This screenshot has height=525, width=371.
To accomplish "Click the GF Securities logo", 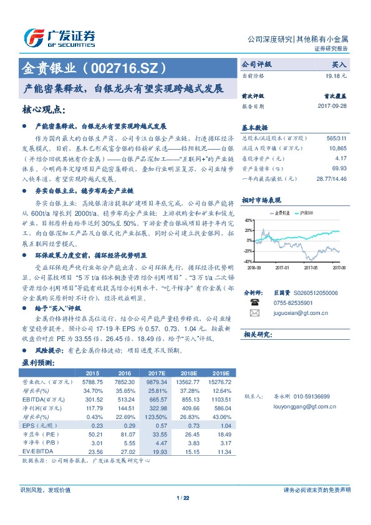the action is pyautogui.click(x=59, y=37).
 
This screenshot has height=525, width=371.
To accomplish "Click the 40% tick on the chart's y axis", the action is pyautogui.click(x=248, y=220).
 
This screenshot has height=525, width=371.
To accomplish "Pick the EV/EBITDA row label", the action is pyautogui.click(x=37, y=450).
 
